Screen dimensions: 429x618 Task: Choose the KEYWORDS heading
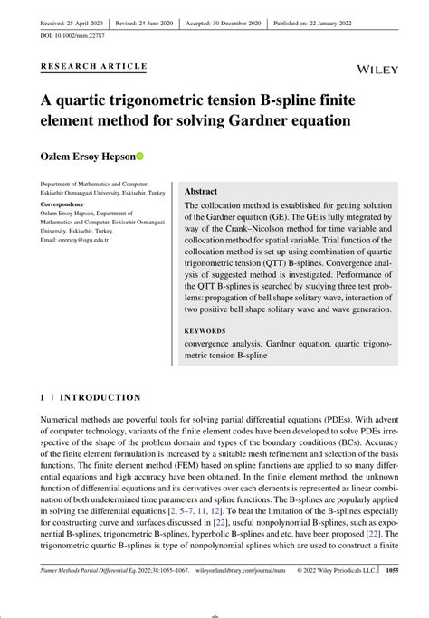pyautogui.click(x=207, y=331)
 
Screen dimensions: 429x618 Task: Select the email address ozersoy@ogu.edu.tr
pyautogui.click(x=74, y=239)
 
